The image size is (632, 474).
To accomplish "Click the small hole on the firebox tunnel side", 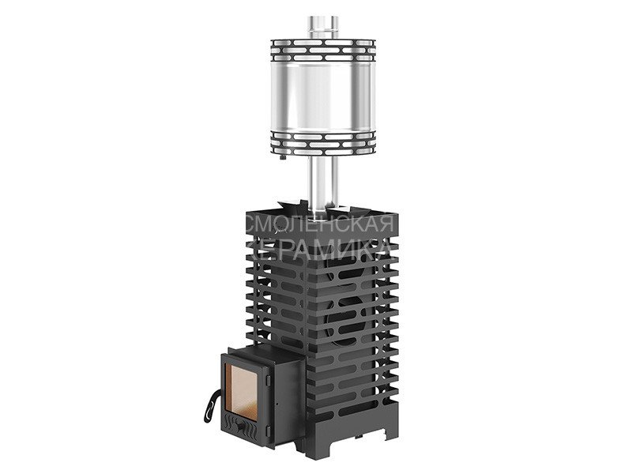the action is coord(278,402).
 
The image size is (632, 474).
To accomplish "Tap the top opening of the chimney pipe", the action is coord(323,19).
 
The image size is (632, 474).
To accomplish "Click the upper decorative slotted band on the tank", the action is coord(323,51).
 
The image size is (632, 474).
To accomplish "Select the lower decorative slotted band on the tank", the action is coord(323,143).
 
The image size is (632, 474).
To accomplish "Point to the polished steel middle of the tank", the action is coord(323,96).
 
